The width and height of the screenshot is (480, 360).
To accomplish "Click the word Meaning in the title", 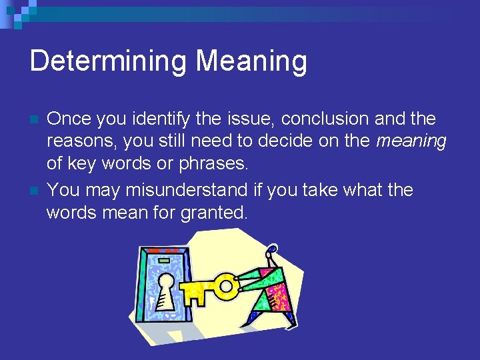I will point(251,62).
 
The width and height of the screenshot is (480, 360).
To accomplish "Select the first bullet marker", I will point(35,121).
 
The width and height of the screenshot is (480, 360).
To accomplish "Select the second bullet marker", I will point(35,191).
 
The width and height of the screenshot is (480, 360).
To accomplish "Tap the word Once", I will point(69,119).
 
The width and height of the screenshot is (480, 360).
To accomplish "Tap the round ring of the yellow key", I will point(227,287).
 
